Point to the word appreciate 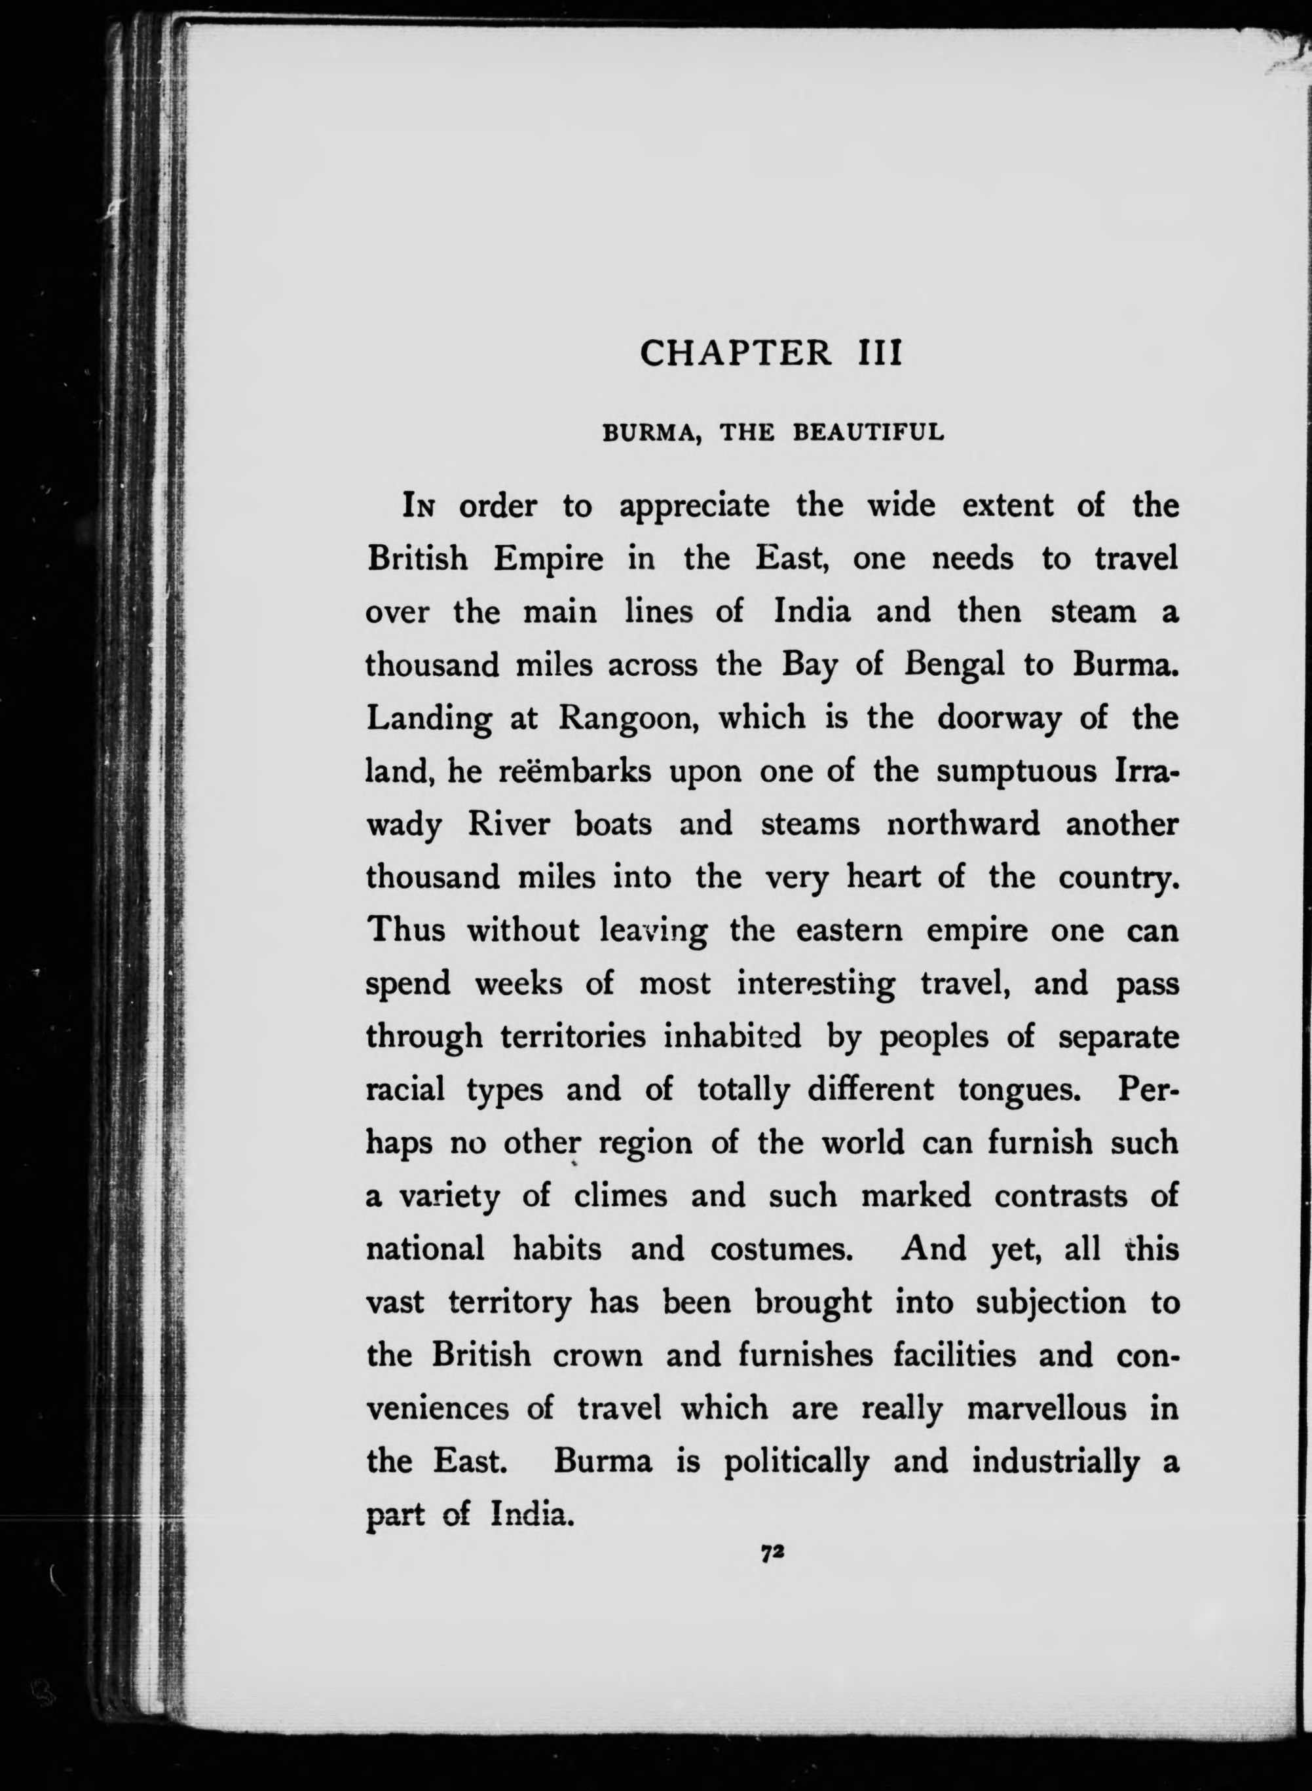(x=694, y=506)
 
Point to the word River (x=508, y=825)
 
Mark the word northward (x=964, y=825)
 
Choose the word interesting (x=815, y=984)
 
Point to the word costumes (x=781, y=1249)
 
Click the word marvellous (x=1046, y=1409)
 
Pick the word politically (x=797, y=1462)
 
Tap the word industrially (x=1055, y=1462)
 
